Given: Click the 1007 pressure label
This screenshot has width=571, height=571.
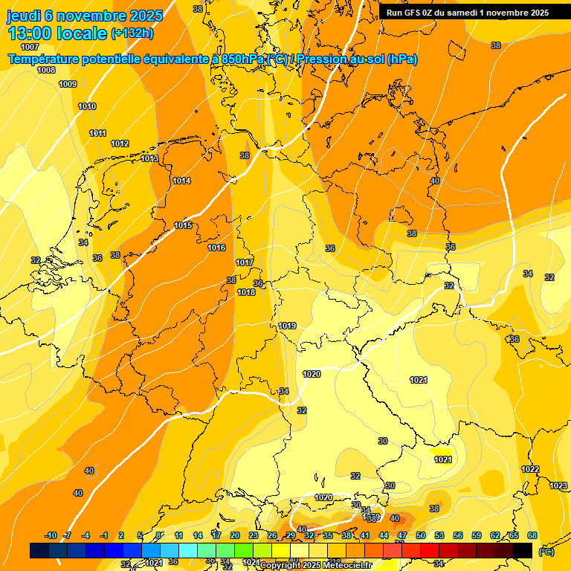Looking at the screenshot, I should click(30, 47).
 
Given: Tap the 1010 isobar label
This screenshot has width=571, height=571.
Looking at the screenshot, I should click(87, 106).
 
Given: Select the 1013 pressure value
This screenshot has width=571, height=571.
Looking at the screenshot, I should click(149, 158).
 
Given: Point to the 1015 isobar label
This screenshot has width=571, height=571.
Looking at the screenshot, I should click(183, 225).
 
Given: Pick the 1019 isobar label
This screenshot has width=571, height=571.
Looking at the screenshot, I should click(288, 326).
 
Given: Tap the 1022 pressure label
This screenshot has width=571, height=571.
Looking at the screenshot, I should click(530, 469).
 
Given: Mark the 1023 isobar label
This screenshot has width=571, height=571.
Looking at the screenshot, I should click(558, 485).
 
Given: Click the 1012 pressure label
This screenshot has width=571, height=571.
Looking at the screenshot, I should click(120, 143).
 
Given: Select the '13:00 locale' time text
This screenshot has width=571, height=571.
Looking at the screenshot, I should click(57, 33).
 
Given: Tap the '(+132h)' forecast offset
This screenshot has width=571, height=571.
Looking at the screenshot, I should click(132, 33).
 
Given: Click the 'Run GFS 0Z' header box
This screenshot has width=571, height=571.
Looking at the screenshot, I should click(468, 13).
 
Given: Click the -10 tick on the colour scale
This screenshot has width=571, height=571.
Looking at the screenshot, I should click(51, 535).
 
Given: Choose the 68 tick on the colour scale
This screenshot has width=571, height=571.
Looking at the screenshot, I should click(532, 535).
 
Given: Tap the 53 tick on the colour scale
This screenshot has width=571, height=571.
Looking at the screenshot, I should click(439, 535).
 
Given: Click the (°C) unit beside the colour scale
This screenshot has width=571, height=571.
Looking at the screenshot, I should click(546, 552).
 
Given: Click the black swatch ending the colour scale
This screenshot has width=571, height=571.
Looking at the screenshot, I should click(523, 550).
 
